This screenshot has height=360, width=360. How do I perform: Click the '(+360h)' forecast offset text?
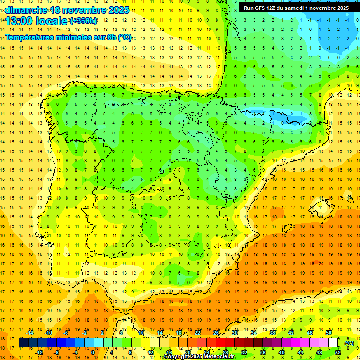point(83,21)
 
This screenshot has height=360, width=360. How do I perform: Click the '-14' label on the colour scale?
point(30,333)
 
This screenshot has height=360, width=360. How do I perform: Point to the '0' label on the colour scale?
point(92,352)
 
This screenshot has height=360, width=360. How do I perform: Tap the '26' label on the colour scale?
point(216,333)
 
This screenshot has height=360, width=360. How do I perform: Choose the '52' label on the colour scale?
point(338,352)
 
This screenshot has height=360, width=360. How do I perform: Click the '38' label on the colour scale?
point(272,333)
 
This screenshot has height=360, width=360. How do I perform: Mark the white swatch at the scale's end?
point(333,342)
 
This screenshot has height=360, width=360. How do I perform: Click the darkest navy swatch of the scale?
point(23,342)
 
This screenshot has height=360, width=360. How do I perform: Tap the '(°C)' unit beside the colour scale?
point(349,343)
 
